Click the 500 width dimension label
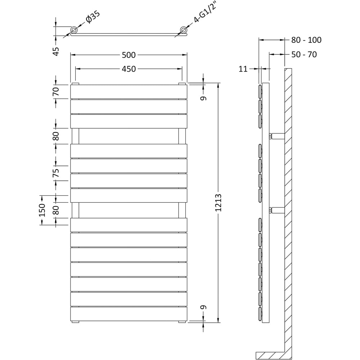coord(129,55)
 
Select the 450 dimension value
coord(129,69)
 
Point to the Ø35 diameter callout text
coord(93,18)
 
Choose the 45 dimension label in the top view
coord(56,51)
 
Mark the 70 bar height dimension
coord(56,91)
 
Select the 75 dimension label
coord(56,173)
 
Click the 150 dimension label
coord(42,210)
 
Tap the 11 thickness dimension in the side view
coord(243,69)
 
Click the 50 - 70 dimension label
coord(304,55)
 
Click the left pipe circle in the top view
coord(74,30)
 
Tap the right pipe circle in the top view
coord(184,30)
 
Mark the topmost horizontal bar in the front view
coord(129,92)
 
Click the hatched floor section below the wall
coord(270,355)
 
